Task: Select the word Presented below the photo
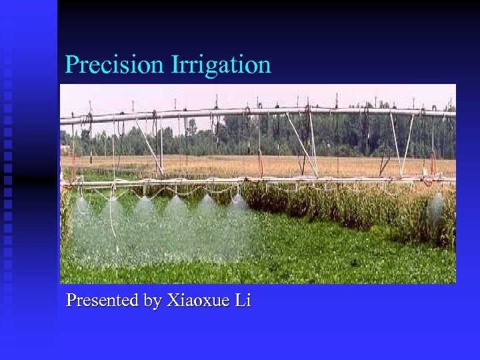pyautogui.click(x=103, y=301)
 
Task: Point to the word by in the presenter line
pyautogui.click(x=153, y=301)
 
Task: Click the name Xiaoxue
pyautogui.click(x=197, y=301)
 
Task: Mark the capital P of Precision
pyautogui.click(x=71, y=65)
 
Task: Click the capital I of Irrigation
pyautogui.click(x=175, y=65)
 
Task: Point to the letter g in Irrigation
pyautogui.click(x=212, y=68)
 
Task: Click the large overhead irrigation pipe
pyautogui.click(x=267, y=111)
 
